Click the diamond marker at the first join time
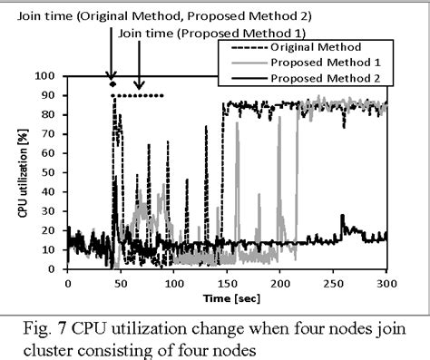(112, 84)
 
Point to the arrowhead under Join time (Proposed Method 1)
(138, 83)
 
